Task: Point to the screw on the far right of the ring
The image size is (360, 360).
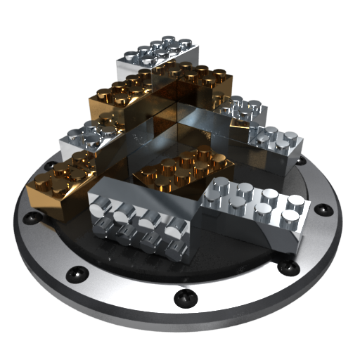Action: coord(323,210)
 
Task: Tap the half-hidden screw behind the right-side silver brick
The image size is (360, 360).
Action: coord(301,160)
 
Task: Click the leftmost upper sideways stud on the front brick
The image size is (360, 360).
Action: coord(98,208)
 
